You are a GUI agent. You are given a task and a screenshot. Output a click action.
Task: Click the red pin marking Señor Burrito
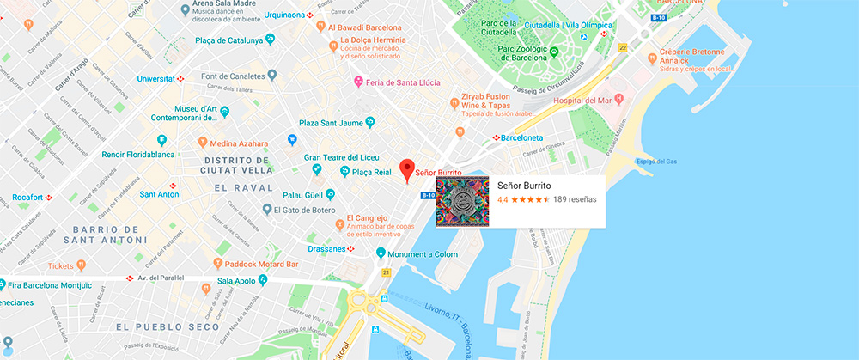(x=409, y=168)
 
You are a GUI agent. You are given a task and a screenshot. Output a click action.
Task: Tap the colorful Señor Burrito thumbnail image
(x=462, y=202)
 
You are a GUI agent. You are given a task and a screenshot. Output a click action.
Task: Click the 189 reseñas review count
(x=575, y=199)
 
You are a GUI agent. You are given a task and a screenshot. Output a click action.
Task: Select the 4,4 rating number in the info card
(x=503, y=199)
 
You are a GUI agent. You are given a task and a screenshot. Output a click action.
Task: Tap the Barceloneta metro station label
(x=527, y=137)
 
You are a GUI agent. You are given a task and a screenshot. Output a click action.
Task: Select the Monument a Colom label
(x=423, y=253)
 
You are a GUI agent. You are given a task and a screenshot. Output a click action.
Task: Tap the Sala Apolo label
(x=236, y=280)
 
